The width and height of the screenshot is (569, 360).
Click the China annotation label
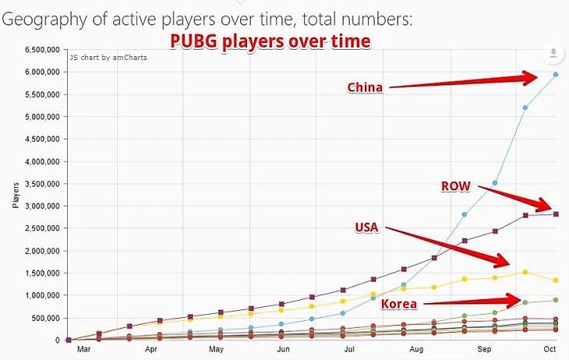(x=365, y=87)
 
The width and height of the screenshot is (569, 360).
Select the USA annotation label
(x=367, y=227)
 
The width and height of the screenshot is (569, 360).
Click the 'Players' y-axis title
(x=16, y=195)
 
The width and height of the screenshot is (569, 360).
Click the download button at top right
(x=553, y=53)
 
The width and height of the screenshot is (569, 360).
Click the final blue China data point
(x=556, y=75)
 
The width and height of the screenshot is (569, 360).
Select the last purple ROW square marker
(x=556, y=214)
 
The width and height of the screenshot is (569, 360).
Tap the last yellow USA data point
(x=556, y=281)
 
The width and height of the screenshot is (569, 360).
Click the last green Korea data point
(x=556, y=300)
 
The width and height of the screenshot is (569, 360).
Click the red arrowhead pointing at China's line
(x=532, y=76)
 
